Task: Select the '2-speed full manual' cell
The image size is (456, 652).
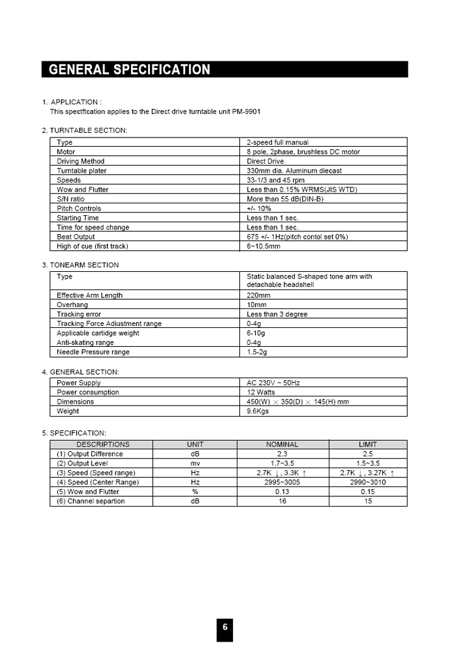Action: point(277,142)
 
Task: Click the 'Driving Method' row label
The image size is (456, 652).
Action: point(80,161)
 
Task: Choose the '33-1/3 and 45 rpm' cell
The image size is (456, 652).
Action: point(275,180)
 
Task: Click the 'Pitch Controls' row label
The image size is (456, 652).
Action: point(79,209)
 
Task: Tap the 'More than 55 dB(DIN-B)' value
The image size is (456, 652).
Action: point(285,199)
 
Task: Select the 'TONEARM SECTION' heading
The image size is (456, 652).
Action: point(84,265)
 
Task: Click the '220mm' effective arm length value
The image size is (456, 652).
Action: point(258,295)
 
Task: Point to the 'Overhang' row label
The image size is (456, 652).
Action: point(72,304)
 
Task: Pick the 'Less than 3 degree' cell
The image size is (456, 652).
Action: point(277,314)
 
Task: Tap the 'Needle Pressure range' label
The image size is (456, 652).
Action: point(93,352)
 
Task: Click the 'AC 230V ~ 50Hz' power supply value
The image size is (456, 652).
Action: point(273,383)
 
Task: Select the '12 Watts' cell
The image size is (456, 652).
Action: point(261,393)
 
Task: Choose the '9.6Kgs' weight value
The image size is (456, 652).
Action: point(258,411)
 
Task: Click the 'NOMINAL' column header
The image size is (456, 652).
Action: point(282,445)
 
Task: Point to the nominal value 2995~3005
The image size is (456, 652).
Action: point(282,482)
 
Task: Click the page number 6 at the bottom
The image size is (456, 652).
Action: point(225,627)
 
